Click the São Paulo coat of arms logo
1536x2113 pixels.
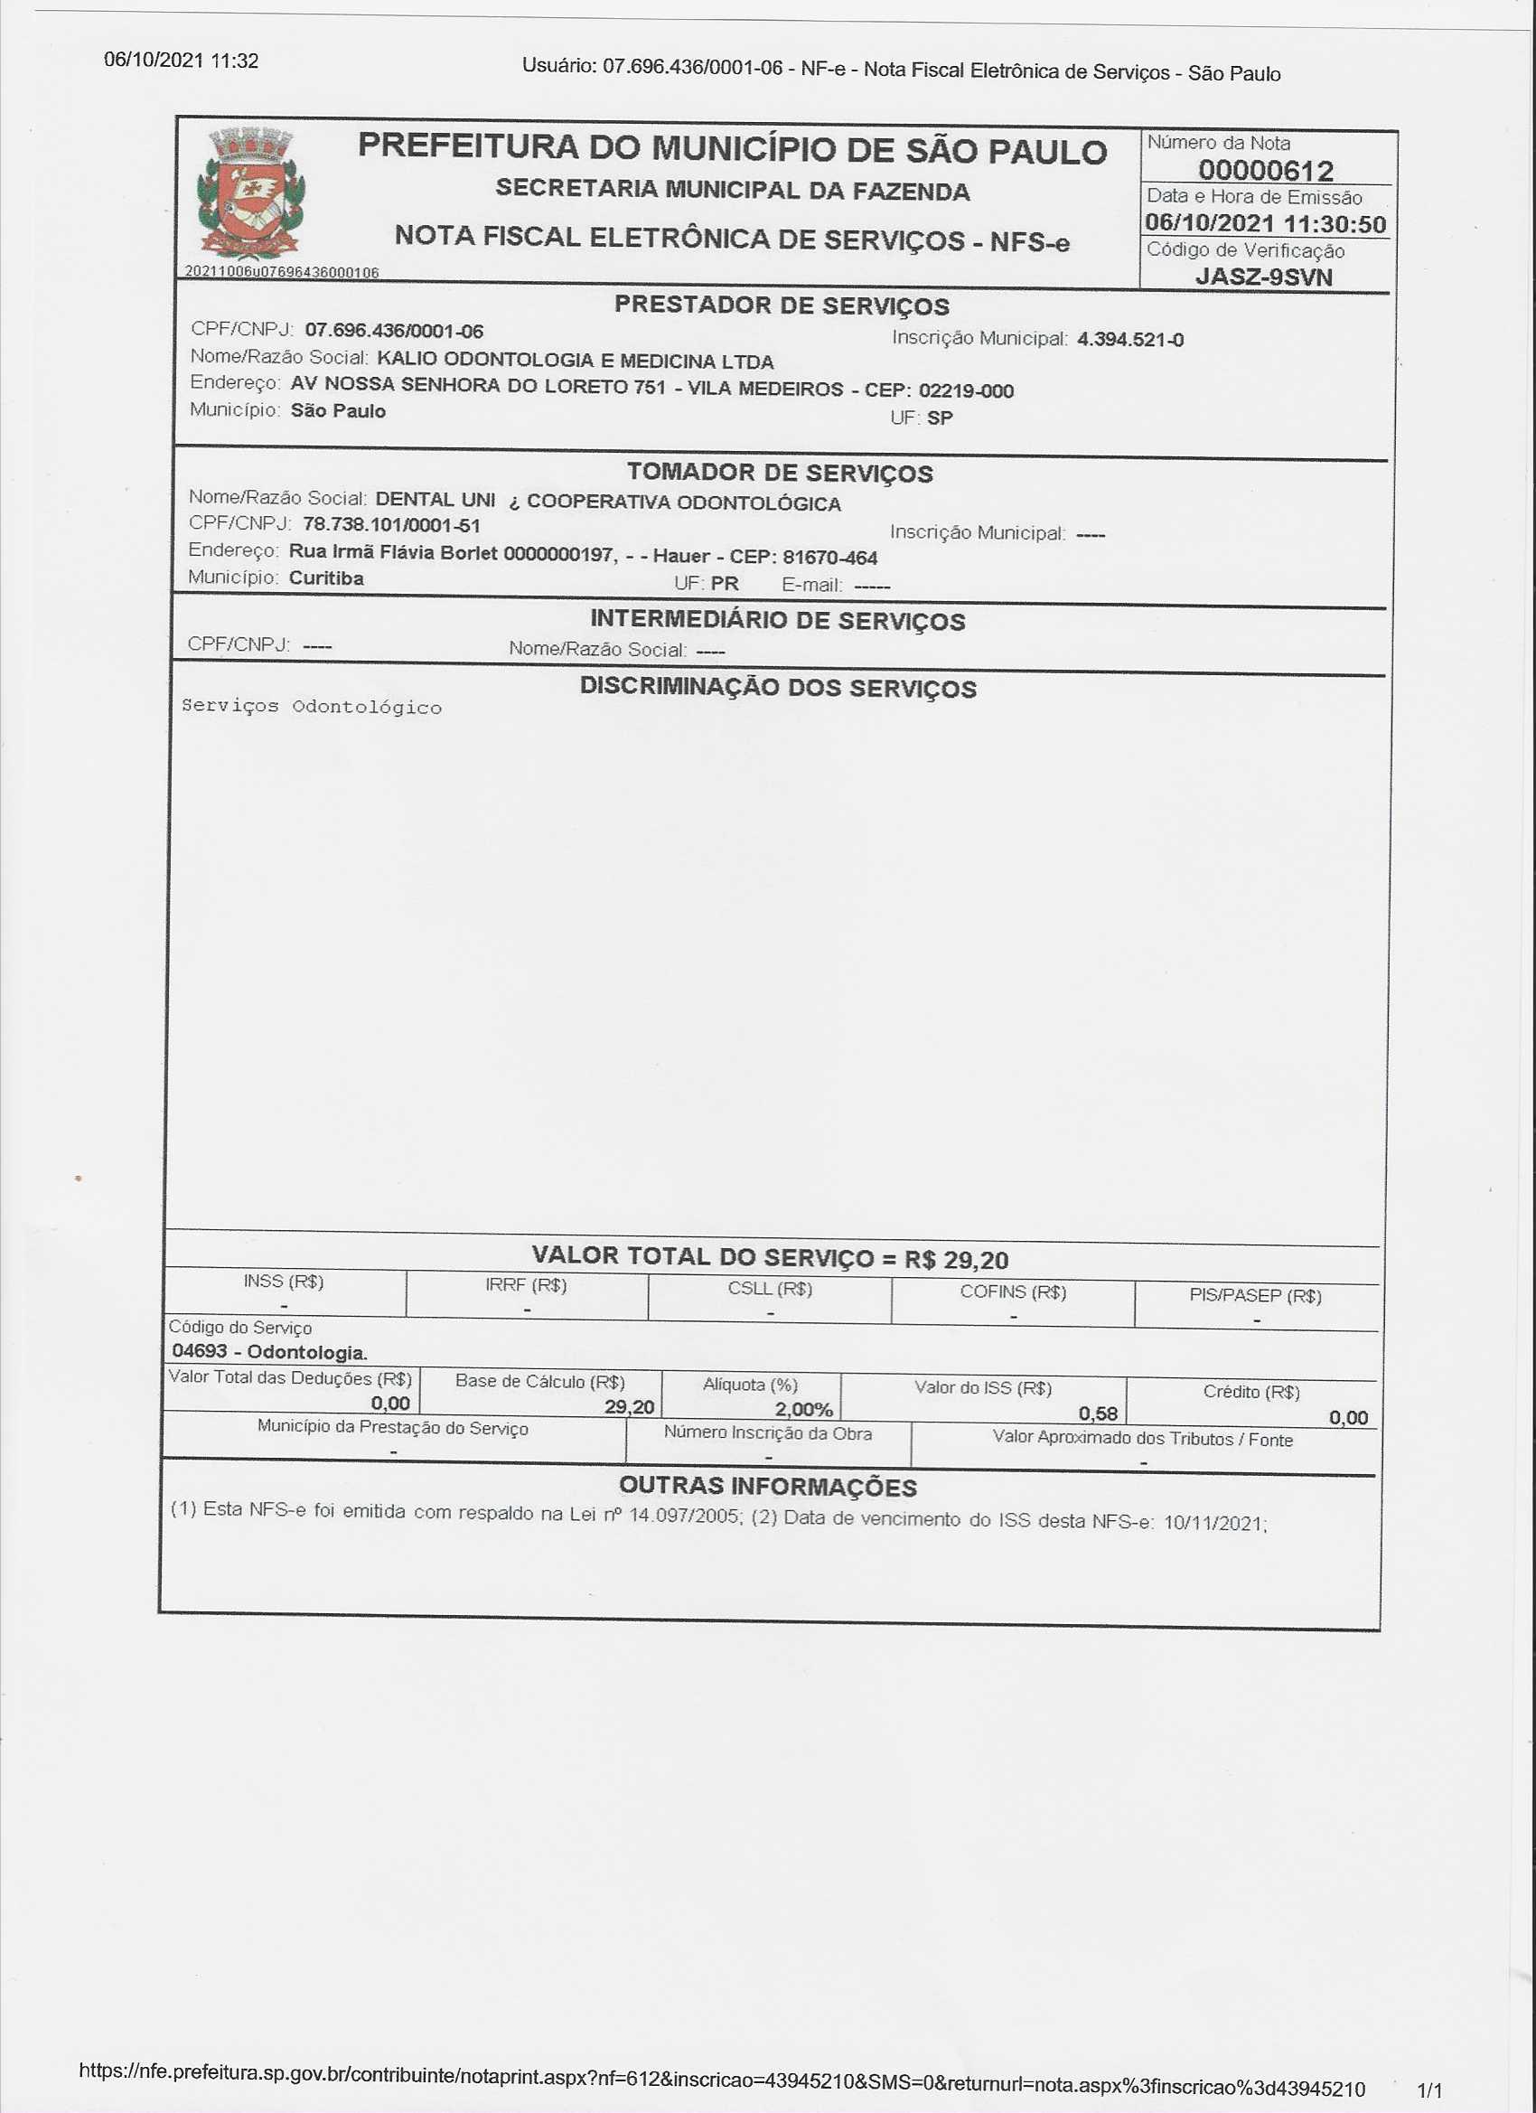click(x=249, y=193)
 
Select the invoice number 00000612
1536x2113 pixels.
click(x=1265, y=171)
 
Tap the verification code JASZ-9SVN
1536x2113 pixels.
click(x=1263, y=277)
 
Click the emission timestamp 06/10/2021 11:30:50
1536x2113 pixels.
click(x=1265, y=223)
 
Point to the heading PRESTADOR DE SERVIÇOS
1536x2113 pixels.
click(x=782, y=305)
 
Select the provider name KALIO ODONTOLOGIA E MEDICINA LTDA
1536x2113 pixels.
click(x=575, y=360)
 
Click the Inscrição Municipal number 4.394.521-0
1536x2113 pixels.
click(x=1130, y=339)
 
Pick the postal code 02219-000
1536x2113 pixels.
click(x=965, y=390)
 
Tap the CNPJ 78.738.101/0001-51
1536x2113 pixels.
click(x=391, y=524)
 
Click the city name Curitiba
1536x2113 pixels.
click(x=326, y=578)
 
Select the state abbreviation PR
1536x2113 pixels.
click(x=724, y=584)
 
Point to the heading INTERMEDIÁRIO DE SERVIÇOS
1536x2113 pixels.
click(x=777, y=621)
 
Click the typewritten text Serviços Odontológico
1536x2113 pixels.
click(x=311, y=706)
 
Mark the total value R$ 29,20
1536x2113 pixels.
click(x=957, y=1260)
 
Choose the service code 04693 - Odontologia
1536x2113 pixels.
click(x=269, y=1351)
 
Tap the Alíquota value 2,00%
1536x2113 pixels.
click(x=803, y=1409)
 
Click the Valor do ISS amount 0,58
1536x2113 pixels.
click(x=1097, y=1413)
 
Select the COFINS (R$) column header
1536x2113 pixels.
click(x=1013, y=1291)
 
